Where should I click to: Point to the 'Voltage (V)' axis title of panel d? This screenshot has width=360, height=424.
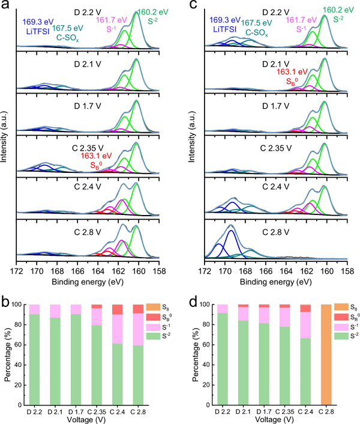click(x=277, y=418)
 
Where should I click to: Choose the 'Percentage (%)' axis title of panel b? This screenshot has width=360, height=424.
click(x=7, y=354)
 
